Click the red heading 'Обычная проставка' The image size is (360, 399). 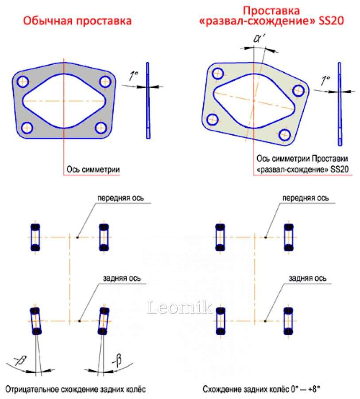pos(77,21)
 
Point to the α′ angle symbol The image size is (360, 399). pos(258,39)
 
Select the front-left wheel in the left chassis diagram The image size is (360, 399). pos(35,237)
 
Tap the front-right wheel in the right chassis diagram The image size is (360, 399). pos(288,237)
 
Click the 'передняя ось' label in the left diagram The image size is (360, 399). pos(121,198)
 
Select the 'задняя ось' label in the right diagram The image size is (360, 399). pos(307,278)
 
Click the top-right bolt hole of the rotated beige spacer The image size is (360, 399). pos(299,91)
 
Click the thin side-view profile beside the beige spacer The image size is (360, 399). pos(340,104)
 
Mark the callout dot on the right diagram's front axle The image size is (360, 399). pos(265,237)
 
